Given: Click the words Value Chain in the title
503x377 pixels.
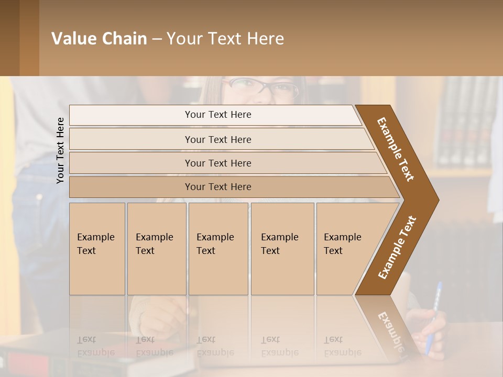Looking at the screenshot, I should (x=99, y=39).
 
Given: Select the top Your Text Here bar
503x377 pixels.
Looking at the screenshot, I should (x=217, y=115).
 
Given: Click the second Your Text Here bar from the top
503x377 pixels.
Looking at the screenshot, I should (x=217, y=139).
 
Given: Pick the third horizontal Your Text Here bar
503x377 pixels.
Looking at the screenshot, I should (x=217, y=163).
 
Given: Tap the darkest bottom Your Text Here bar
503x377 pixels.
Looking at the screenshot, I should (x=217, y=187).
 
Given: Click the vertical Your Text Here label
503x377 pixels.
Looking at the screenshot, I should (x=60, y=150).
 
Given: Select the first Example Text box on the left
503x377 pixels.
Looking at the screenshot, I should (x=97, y=248).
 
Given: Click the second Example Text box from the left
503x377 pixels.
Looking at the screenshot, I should (x=156, y=248).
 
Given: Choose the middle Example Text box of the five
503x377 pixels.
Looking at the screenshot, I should (x=217, y=248).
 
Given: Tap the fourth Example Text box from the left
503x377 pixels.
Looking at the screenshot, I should (x=282, y=248).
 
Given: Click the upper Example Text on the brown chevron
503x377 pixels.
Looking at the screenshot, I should (x=396, y=149).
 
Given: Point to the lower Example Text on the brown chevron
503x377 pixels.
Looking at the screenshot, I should (x=397, y=248).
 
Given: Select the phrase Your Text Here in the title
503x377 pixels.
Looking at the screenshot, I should (x=225, y=39).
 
